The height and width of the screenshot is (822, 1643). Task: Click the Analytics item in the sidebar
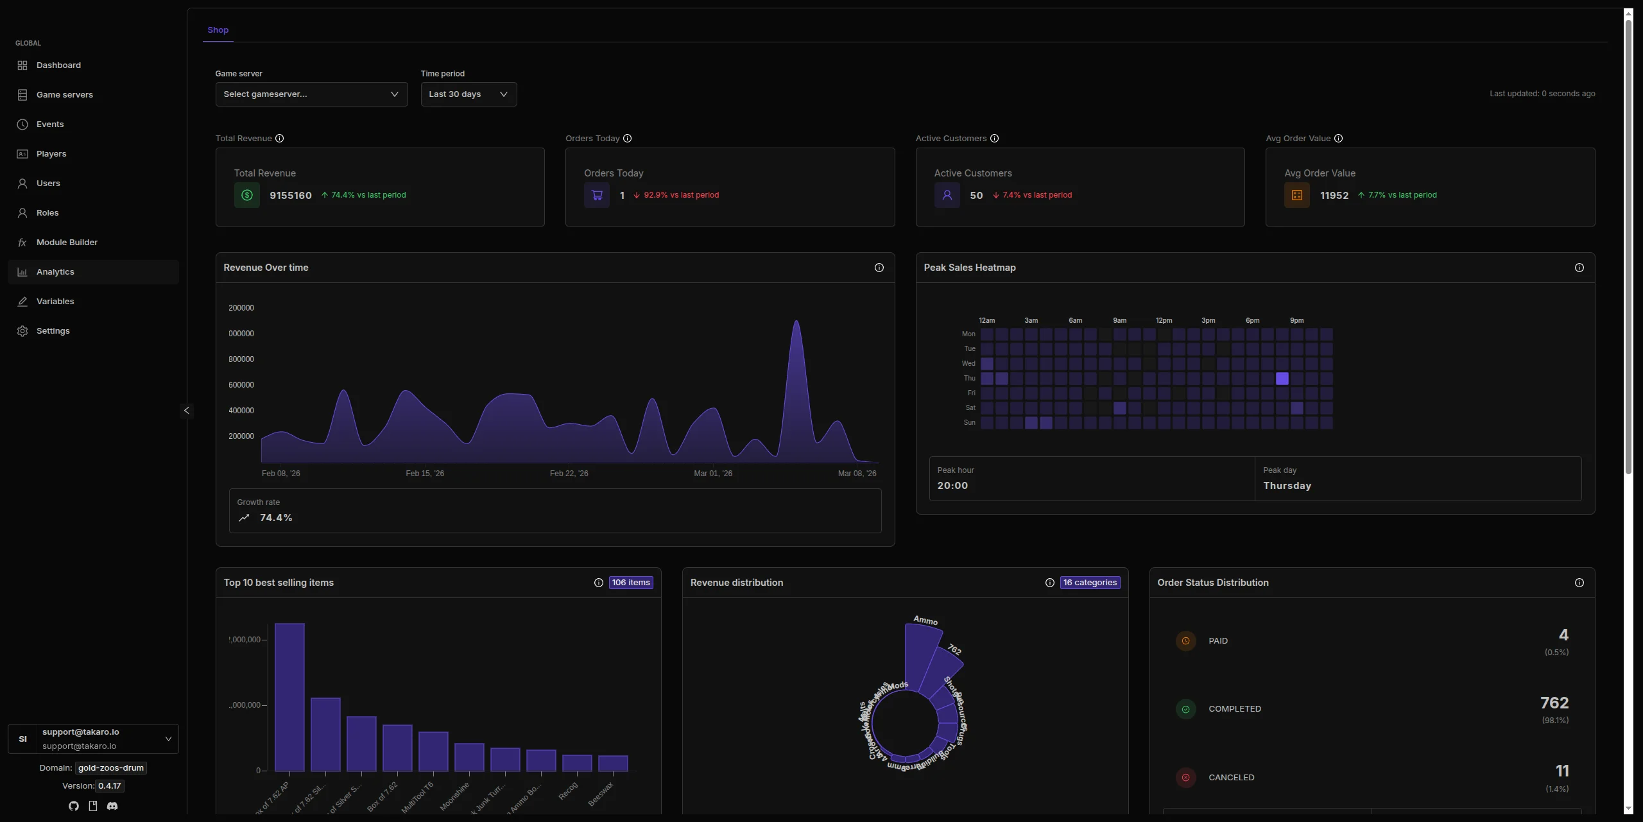pos(55,272)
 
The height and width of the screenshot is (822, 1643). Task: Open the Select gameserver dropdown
pos(311,94)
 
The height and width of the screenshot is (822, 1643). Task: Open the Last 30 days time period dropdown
pos(469,94)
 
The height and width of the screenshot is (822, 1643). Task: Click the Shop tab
pos(218,30)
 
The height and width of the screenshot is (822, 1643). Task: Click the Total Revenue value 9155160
pos(290,196)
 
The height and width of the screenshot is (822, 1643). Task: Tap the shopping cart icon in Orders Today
pos(597,196)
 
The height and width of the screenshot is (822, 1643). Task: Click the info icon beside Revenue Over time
pos(879,268)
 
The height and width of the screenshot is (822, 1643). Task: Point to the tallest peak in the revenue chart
pos(796,322)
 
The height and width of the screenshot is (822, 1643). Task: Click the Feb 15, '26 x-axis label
pos(424,474)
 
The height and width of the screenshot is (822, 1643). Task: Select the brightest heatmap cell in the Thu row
pos(1282,379)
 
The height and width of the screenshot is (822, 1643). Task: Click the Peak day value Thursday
pos(1287,486)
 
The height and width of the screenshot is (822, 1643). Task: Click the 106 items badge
pos(630,583)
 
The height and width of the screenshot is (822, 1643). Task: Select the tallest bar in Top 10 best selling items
pos(289,696)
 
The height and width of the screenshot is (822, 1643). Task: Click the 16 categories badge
pos(1089,583)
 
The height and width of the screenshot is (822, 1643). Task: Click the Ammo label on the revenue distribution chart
pos(925,621)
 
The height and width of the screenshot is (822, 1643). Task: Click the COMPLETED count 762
pos(1554,703)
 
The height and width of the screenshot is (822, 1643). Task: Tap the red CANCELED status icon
pos(1185,778)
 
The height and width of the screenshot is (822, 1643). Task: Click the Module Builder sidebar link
pos(67,243)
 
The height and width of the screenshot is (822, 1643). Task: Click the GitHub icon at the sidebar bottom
pos(74,806)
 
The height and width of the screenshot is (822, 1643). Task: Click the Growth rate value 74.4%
pos(276,518)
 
